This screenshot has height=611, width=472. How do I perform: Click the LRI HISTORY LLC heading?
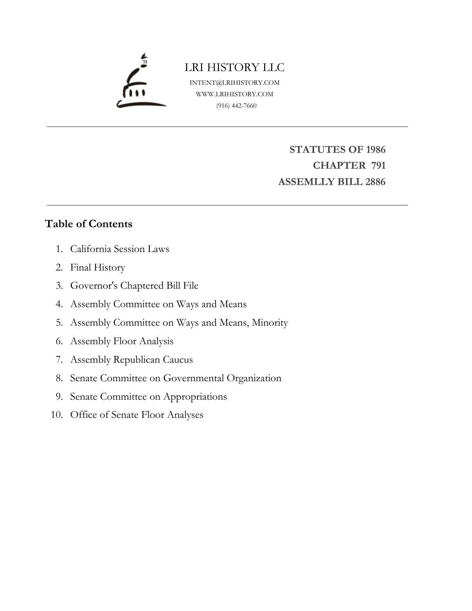click(235, 68)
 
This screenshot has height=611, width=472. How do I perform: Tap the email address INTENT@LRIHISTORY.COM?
click(235, 83)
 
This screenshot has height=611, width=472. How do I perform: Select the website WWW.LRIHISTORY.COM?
click(235, 94)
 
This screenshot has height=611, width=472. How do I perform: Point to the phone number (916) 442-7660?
click(236, 106)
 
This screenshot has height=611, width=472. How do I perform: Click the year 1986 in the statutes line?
click(375, 150)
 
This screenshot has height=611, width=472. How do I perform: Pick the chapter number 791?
click(378, 165)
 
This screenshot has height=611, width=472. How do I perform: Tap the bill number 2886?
click(375, 182)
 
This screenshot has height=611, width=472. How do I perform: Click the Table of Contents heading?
click(88, 224)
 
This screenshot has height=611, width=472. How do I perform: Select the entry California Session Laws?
click(119, 249)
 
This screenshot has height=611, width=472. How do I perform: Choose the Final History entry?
click(98, 267)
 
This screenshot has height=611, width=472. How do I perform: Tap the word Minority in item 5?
click(270, 323)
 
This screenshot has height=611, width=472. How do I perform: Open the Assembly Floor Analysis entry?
click(122, 341)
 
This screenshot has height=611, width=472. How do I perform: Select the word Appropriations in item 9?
click(195, 397)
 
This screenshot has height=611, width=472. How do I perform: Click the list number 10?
click(57, 415)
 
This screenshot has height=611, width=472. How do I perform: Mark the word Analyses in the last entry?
click(185, 415)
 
